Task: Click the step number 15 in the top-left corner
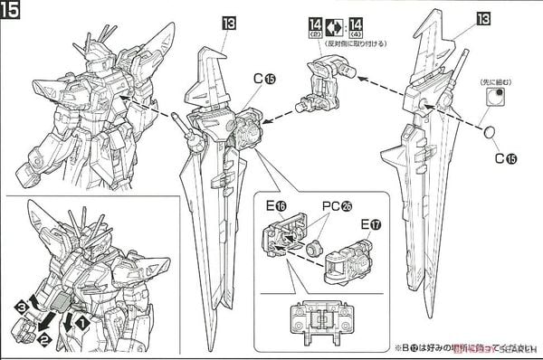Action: click(13, 12)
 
